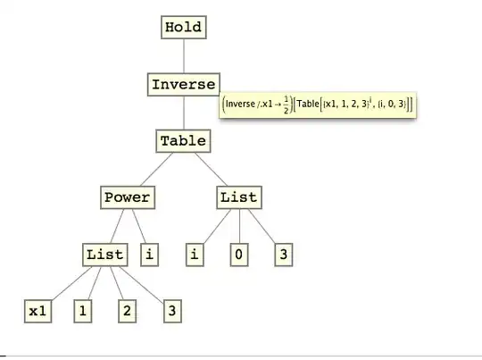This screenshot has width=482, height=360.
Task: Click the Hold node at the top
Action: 183,27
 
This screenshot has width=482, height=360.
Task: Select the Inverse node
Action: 183,84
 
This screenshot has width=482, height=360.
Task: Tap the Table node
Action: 183,140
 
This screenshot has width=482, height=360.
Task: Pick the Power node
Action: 127,197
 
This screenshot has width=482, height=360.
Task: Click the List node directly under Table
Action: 238,197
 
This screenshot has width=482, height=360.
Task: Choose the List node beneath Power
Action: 105,254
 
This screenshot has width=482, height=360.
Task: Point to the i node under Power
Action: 149,254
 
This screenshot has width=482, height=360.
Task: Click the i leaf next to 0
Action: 195,254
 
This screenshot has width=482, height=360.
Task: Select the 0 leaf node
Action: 238,254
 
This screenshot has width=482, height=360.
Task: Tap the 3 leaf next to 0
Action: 282,254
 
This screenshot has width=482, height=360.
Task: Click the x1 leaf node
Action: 37,311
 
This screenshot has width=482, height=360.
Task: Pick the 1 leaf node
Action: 82,311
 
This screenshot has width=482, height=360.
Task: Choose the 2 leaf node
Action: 127,311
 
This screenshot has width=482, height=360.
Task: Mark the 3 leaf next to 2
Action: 172,311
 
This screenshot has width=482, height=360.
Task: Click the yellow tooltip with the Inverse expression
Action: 320,105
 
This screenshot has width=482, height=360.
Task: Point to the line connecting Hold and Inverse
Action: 183,55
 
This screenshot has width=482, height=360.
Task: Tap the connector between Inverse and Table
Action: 183,113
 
